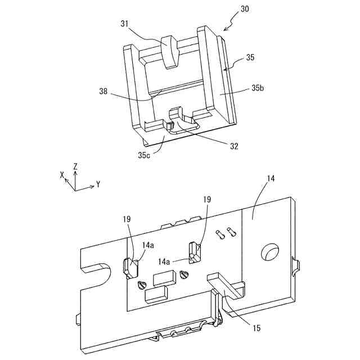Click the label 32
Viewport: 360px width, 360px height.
(x=233, y=146)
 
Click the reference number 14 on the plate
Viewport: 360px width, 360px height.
(x=271, y=179)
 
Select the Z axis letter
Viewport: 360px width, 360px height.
(x=75, y=166)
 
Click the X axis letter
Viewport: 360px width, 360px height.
(x=62, y=175)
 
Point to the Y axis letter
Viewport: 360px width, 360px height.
(x=98, y=183)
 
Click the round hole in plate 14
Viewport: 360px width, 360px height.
(x=268, y=251)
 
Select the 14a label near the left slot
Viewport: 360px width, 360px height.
(x=148, y=245)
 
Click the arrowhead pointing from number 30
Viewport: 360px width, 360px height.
(x=226, y=28)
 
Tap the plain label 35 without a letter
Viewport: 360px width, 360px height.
(x=250, y=57)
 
